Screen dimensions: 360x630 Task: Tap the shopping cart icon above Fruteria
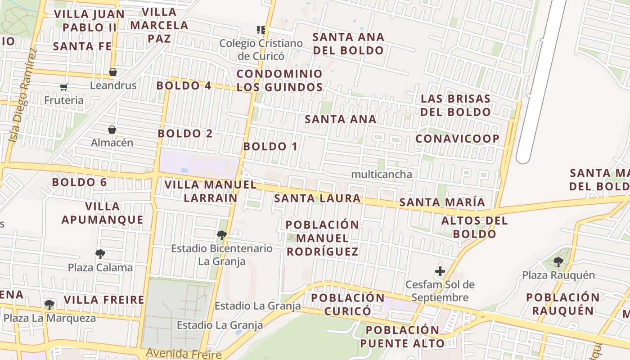coord(63,87)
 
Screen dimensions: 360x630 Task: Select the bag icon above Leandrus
coord(112,72)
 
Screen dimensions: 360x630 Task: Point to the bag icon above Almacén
coord(112,130)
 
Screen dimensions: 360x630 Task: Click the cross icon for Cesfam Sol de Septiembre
coord(440,271)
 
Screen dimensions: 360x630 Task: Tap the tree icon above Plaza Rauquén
coord(558,261)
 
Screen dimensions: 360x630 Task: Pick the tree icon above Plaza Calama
coord(100,254)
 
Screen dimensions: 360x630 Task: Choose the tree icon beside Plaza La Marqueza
coord(49,305)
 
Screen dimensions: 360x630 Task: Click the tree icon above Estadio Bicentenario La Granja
coord(221,235)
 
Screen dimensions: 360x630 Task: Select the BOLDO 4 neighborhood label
coord(184,85)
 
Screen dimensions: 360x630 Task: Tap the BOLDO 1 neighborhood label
coord(270,146)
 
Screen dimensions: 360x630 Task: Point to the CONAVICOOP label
coord(457,139)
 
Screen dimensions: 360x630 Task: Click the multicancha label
coord(381,174)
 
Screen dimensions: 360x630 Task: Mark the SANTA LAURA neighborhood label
coord(317,198)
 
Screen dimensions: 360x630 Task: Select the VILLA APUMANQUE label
coord(102,213)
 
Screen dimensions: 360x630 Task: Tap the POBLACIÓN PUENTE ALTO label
coord(402,337)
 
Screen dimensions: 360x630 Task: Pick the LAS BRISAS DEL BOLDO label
coord(455,105)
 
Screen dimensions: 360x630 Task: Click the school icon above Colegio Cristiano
coord(261,30)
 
